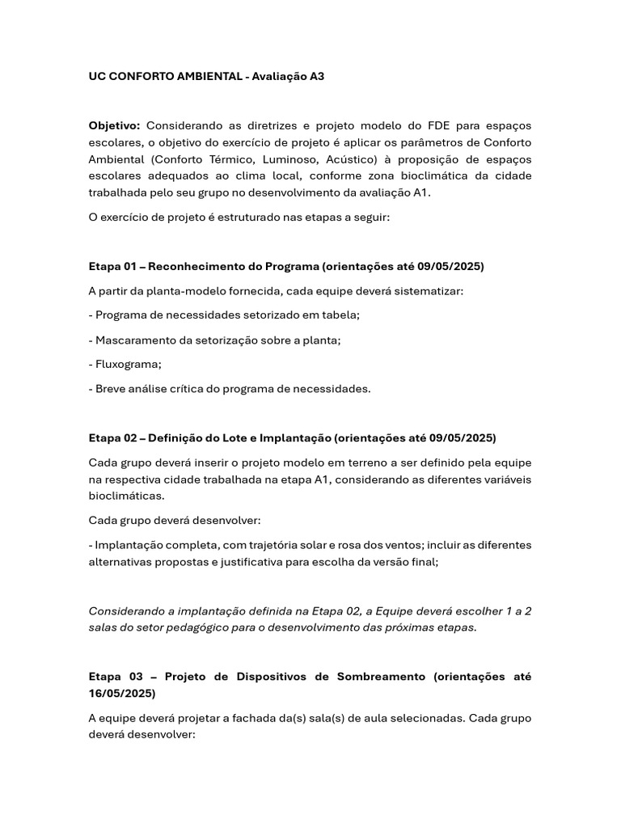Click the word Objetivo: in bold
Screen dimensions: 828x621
click(114, 125)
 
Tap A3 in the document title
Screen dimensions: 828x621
click(315, 76)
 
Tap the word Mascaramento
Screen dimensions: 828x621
click(133, 340)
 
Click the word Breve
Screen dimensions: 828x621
click(111, 388)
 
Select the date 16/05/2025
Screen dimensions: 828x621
click(121, 693)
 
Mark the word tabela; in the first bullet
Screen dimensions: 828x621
click(341, 315)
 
